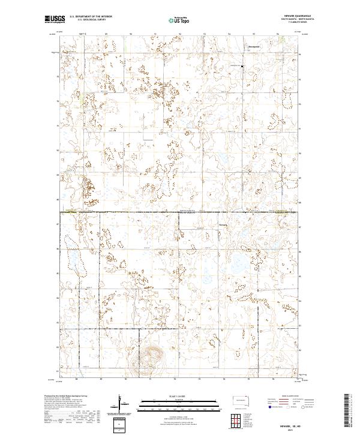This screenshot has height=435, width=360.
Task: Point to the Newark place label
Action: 224,226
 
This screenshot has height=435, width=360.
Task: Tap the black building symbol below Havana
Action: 242,66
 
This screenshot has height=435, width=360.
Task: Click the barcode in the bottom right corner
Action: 347,410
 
